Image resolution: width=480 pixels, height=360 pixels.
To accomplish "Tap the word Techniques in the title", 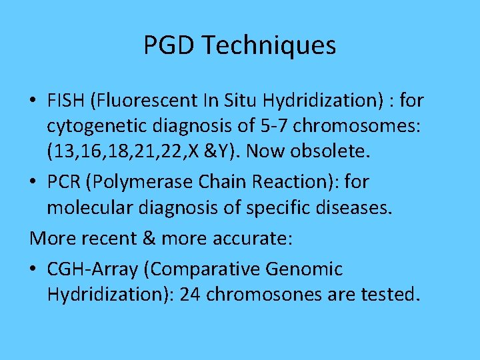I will [270, 45].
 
